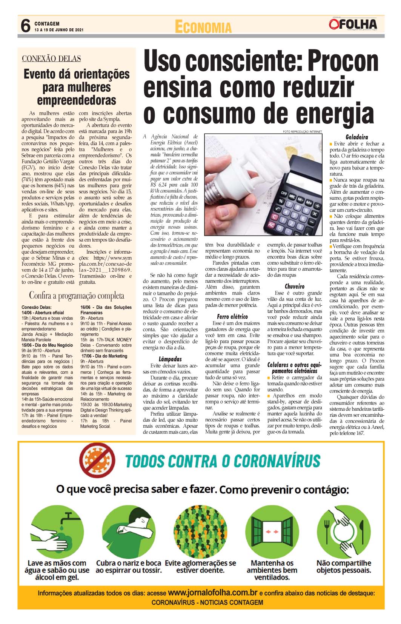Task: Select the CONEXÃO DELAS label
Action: click(51, 59)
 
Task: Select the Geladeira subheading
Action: click(356, 137)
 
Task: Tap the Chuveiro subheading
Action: click(295, 286)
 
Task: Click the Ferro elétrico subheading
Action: click(232, 316)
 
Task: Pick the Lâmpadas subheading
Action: click(170, 359)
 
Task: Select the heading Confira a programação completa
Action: click(77, 295)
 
